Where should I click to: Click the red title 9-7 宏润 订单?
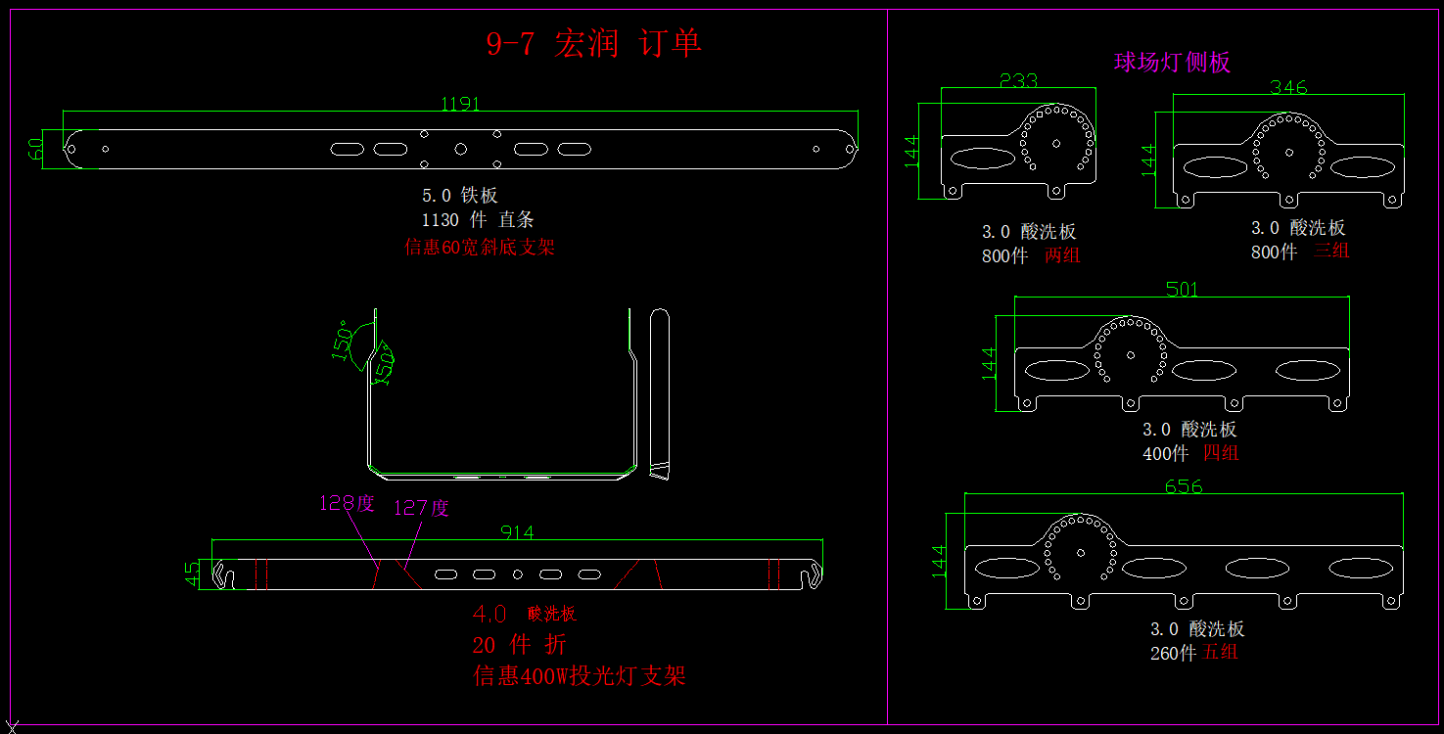(x=594, y=44)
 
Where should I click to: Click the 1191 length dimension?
(x=460, y=104)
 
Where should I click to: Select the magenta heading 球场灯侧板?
(x=1172, y=63)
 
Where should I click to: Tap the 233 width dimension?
(x=1018, y=81)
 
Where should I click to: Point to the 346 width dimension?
(x=1288, y=87)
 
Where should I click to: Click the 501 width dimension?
(x=1182, y=289)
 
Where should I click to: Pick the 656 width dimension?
(x=1184, y=486)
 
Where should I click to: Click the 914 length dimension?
(x=517, y=532)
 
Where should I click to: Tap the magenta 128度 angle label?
(x=347, y=503)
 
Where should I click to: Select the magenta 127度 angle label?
(x=421, y=508)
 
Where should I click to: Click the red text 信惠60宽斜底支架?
(x=480, y=248)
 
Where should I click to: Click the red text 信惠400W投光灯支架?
(x=580, y=675)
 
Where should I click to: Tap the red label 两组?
(x=1062, y=255)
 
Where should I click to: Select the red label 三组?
(x=1331, y=251)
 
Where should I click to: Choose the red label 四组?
(x=1221, y=453)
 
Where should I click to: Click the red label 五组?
(x=1221, y=652)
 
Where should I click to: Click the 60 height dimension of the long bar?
(x=35, y=149)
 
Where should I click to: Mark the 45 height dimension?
(x=193, y=573)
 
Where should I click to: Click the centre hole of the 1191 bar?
(x=460, y=149)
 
